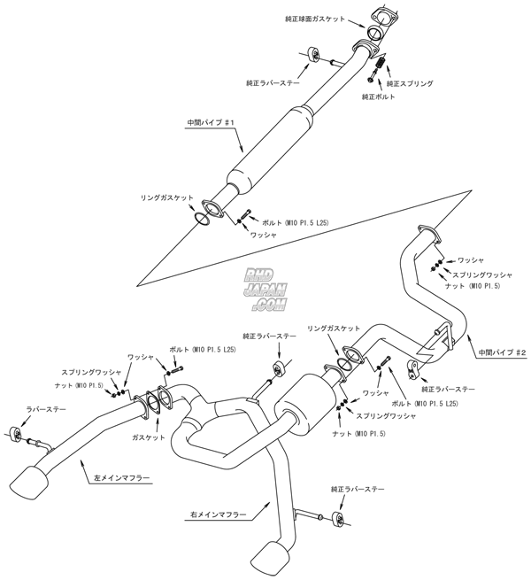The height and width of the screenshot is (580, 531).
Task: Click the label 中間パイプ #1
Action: [x=209, y=125]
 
